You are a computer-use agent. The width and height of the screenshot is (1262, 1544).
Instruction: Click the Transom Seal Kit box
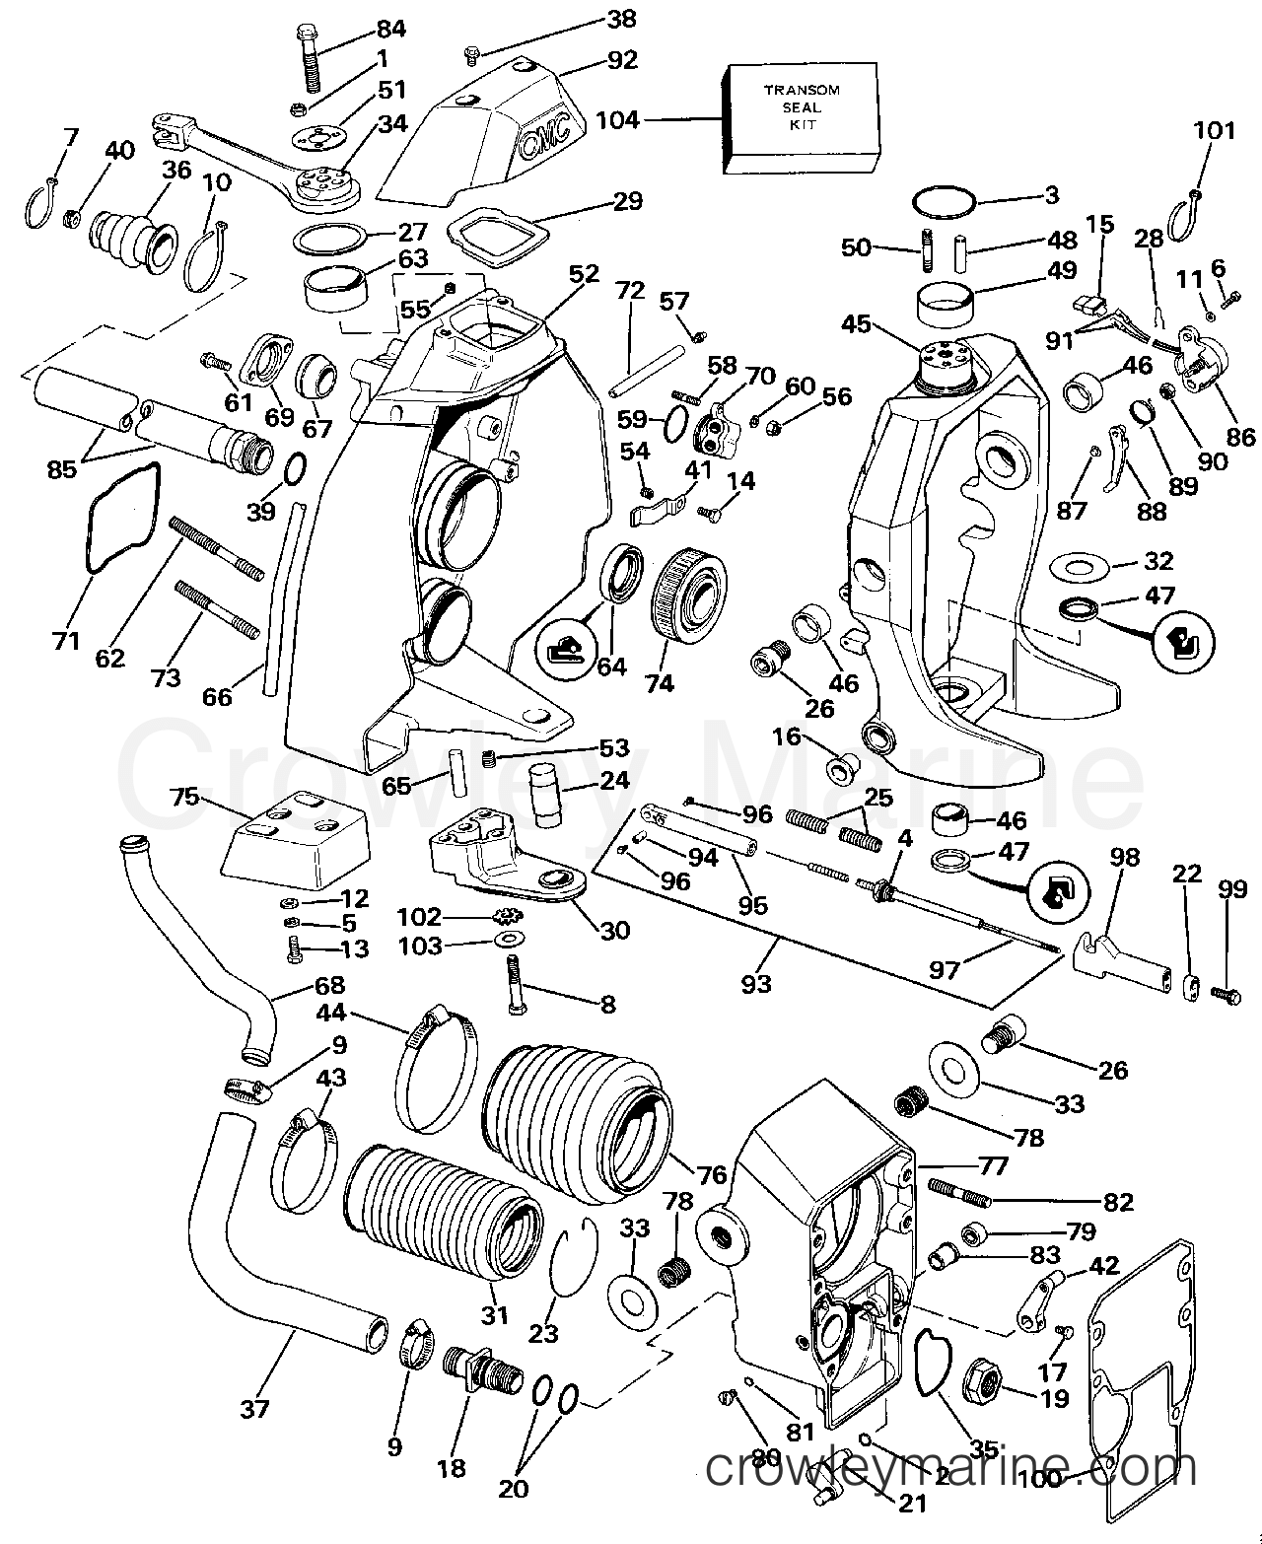[802, 117]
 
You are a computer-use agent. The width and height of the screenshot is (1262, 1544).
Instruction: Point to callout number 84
[390, 29]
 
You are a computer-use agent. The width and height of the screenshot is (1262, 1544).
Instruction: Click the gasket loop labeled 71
[123, 519]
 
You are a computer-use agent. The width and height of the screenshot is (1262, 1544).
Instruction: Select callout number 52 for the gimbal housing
[584, 273]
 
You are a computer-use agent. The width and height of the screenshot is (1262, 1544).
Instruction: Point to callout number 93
[755, 983]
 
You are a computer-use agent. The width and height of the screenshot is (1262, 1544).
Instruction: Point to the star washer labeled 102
[504, 914]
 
